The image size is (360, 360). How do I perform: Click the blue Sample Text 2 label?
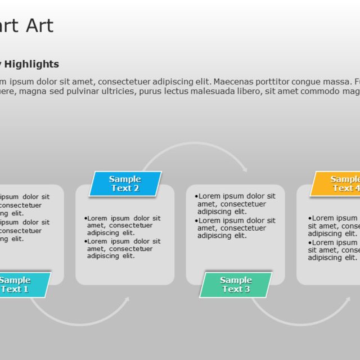[125, 184]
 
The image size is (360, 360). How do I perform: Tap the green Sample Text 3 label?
[236, 285]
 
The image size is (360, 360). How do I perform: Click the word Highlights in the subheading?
[32, 64]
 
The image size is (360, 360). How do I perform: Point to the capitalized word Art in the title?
[39, 25]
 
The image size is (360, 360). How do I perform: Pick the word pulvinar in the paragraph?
[83, 91]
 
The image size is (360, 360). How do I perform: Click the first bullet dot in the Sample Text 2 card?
[85, 218]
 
